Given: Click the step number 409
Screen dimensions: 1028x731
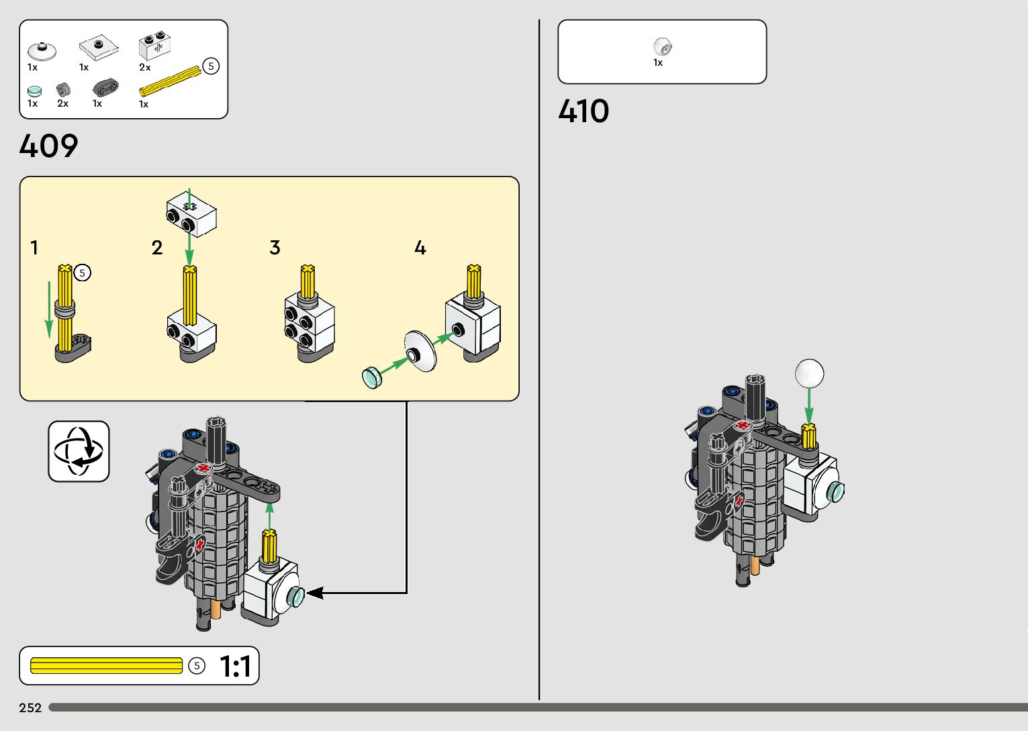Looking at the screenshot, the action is click(48, 146).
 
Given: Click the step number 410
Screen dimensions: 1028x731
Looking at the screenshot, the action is click(583, 111).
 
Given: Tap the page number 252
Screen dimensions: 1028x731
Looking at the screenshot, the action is click(30, 708).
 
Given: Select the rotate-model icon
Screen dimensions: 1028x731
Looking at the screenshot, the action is click(79, 451).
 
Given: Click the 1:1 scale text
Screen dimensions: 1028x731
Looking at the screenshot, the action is click(236, 666).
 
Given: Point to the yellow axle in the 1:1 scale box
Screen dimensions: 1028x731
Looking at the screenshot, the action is click(106, 665).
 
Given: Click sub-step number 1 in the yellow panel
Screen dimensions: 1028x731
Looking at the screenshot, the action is click(34, 248).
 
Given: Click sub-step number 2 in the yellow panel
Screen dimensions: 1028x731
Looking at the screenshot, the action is click(157, 248).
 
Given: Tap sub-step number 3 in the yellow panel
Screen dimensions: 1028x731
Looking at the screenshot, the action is click(275, 248).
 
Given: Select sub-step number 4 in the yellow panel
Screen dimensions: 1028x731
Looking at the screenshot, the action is click(420, 248).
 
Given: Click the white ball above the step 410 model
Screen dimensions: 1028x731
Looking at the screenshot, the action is click(809, 373).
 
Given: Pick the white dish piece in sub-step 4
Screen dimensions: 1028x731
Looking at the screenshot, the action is click(420, 350).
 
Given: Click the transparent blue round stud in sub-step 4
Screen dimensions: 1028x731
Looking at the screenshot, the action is click(371, 377).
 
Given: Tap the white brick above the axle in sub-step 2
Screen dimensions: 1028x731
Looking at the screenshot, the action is click(191, 213).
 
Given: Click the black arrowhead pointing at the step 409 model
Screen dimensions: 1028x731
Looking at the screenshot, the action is click(314, 593).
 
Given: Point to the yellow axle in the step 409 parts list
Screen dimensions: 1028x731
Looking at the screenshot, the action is click(169, 81).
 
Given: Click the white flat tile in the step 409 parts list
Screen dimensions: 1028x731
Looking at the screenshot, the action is click(99, 48).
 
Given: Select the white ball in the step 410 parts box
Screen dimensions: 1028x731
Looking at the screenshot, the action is click(662, 47).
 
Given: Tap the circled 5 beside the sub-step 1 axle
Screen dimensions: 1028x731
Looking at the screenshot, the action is click(82, 273).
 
